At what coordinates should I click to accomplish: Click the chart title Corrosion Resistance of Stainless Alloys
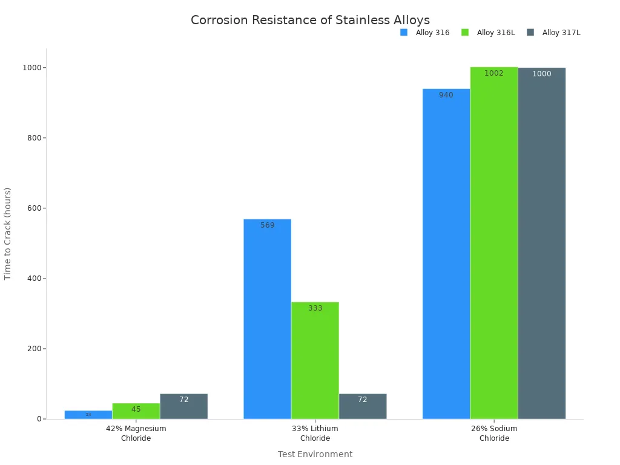click(310, 21)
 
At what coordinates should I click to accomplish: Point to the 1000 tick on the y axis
click(31, 68)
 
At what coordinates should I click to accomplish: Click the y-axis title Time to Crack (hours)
click(8, 234)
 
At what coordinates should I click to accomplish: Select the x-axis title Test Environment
click(315, 454)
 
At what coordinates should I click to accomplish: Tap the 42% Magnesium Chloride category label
click(136, 433)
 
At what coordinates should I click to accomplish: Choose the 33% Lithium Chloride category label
click(315, 433)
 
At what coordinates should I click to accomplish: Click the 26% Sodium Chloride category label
click(494, 433)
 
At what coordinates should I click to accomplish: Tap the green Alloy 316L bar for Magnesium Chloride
click(136, 411)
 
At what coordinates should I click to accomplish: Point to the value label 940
click(446, 95)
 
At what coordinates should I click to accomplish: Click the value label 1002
click(494, 73)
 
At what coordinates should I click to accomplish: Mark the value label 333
click(315, 308)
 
